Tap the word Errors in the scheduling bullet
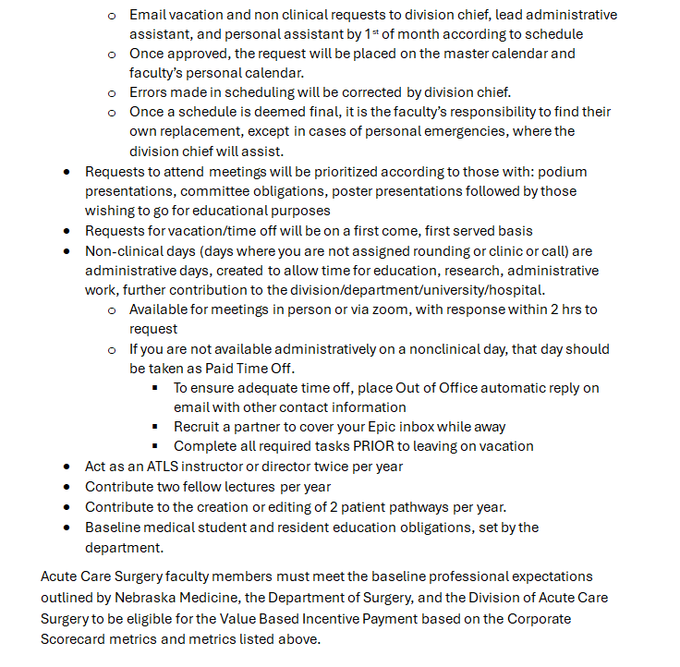coord(151,92)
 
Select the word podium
coord(564,172)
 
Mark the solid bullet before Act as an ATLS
coord(67,467)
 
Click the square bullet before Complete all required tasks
coord(157,446)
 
